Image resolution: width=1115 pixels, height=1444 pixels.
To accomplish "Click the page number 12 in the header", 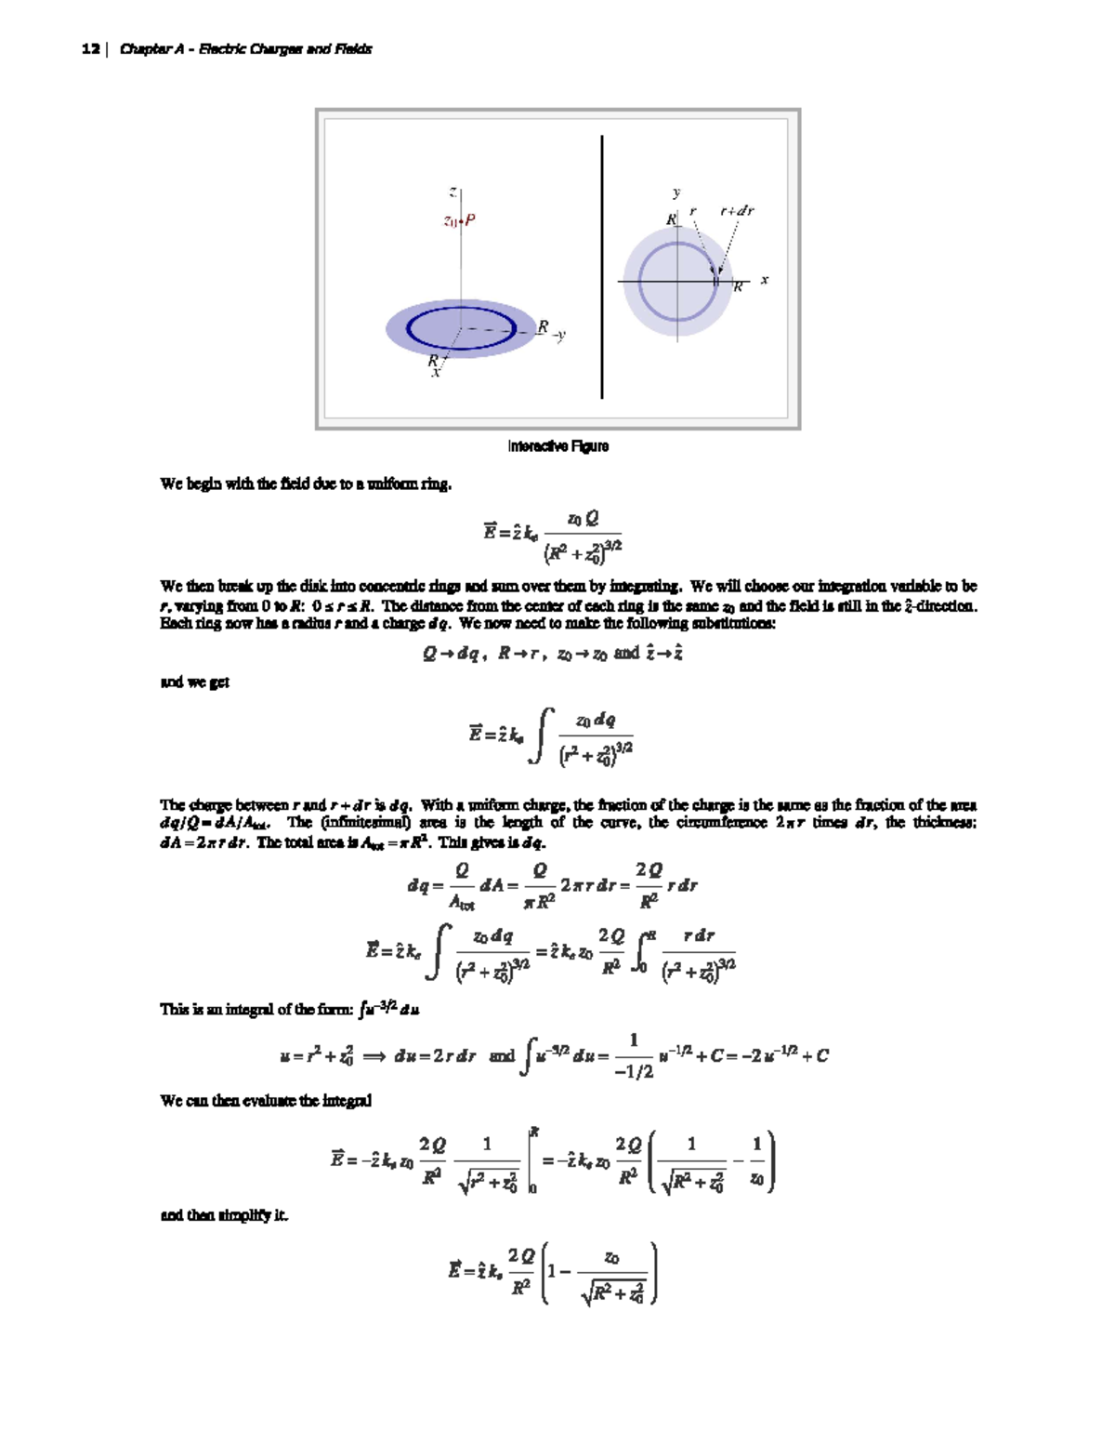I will [x=90, y=49].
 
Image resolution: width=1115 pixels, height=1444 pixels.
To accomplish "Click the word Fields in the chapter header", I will [x=353, y=49].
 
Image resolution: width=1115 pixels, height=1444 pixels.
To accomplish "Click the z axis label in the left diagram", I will [x=453, y=192].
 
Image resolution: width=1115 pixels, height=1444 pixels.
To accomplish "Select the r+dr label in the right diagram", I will [x=737, y=211].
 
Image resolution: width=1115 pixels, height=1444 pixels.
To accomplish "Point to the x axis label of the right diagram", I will [x=765, y=279].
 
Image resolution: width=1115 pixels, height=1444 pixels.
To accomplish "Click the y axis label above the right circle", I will [x=676, y=192].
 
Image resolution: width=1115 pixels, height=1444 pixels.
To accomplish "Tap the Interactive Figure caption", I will [x=557, y=446].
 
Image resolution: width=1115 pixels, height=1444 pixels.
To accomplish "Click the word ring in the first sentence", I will [x=436, y=484].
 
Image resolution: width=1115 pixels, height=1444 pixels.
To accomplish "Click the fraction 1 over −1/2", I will [x=634, y=1056].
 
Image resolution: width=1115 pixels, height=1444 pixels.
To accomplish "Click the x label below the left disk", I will [x=435, y=373].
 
